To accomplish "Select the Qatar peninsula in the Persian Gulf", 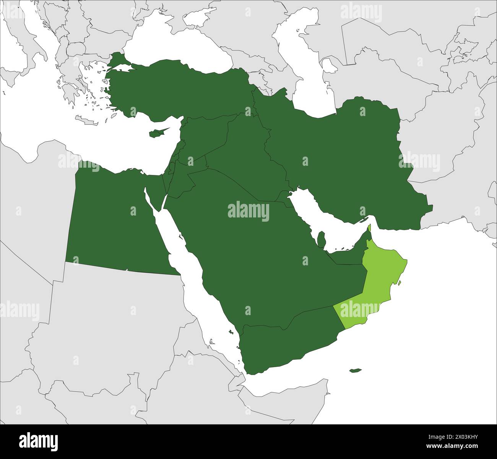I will pos(322,239).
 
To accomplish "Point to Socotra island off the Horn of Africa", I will pos(356,370).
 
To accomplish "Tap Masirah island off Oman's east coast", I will pos(399,284).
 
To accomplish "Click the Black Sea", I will pos(180,46).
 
